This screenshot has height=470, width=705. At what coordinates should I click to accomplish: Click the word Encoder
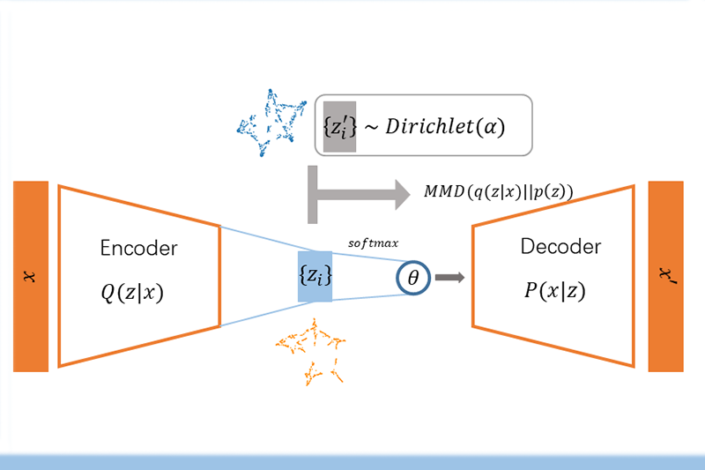point(139,249)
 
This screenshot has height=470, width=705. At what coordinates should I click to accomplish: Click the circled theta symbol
point(411,278)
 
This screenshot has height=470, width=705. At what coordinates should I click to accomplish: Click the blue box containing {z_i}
point(315,276)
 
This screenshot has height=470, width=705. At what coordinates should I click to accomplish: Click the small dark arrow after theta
point(449,278)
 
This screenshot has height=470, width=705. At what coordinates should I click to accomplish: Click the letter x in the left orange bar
point(31,277)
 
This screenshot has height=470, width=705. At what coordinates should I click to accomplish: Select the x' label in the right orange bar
point(666,275)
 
